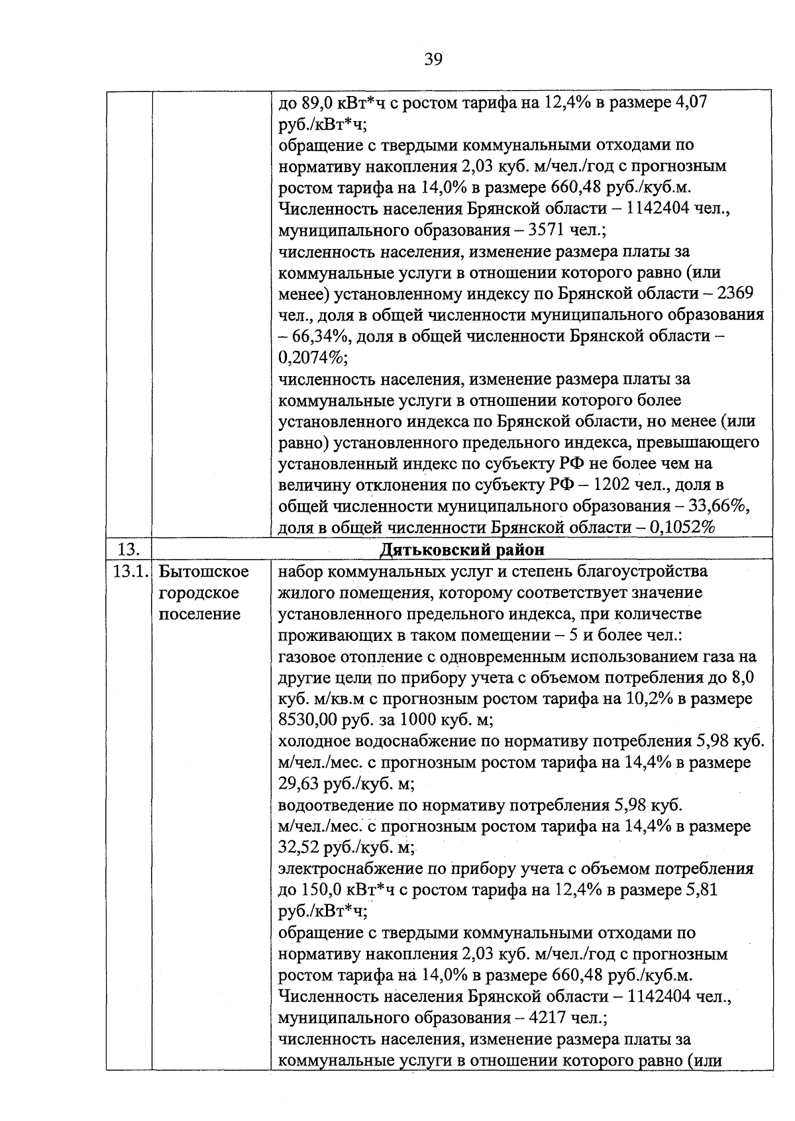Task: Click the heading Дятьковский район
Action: point(462,550)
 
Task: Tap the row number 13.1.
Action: point(129,571)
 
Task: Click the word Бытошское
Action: point(204,571)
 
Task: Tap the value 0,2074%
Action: point(313,358)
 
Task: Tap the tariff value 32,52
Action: point(299,848)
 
